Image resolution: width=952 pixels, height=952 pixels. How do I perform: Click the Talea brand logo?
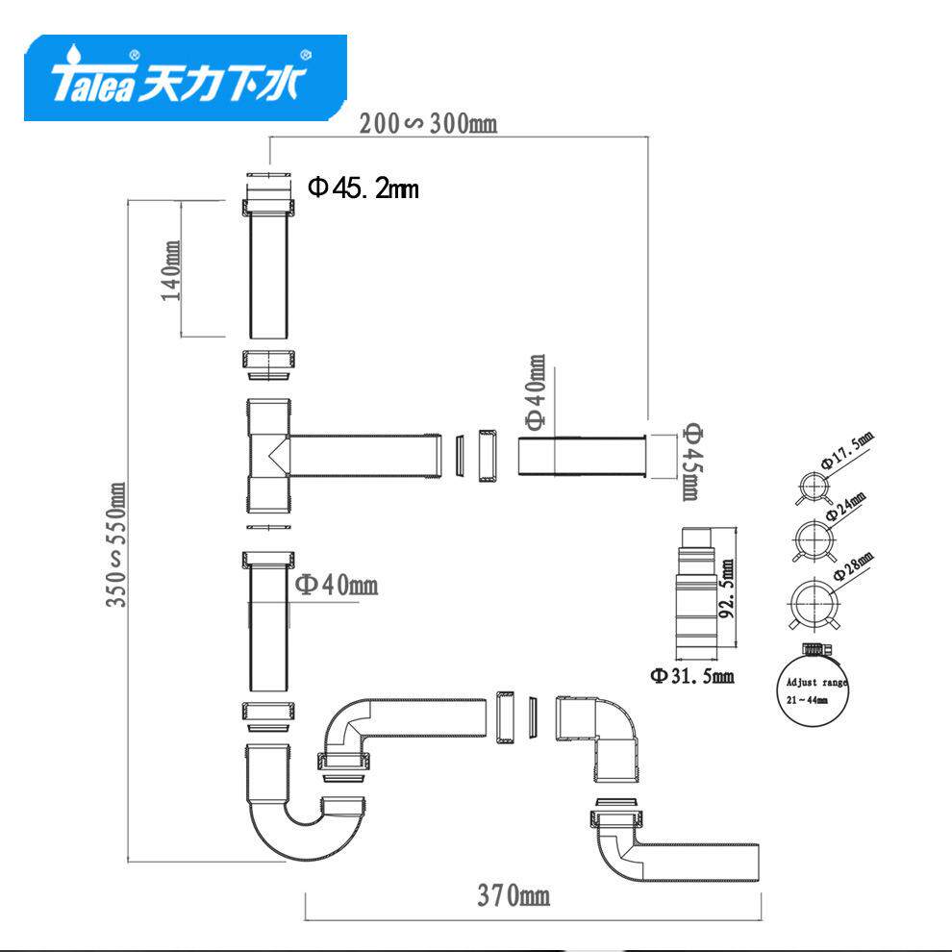pyautogui.click(x=185, y=79)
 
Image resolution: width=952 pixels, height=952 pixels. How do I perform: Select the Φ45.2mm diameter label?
pyautogui.click(x=363, y=188)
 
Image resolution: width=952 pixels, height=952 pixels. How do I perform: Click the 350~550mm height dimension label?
pyautogui.click(x=116, y=544)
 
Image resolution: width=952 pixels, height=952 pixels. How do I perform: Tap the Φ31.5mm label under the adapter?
pyautogui.click(x=692, y=676)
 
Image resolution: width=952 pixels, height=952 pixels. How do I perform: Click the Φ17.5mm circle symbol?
pyautogui.click(x=811, y=487)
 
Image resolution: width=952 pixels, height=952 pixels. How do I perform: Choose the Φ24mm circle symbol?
pyautogui.click(x=811, y=536)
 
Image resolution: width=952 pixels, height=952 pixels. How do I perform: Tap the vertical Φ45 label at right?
pyautogui.click(x=689, y=460)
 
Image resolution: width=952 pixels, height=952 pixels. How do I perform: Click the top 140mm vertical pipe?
pyautogui.click(x=270, y=275)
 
